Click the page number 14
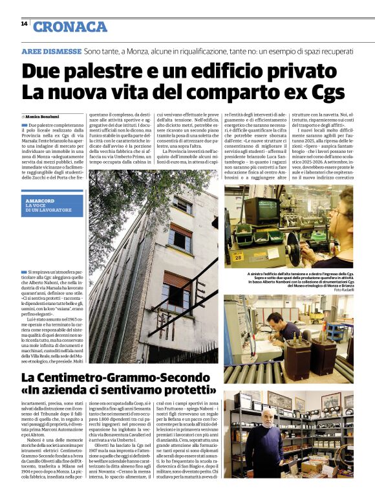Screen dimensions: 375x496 click(24, 23)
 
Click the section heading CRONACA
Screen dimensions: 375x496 click(70, 26)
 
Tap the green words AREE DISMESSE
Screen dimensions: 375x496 click(51, 51)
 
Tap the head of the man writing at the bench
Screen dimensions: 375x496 click(277, 318)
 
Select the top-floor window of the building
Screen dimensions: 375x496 click(183, 204)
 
